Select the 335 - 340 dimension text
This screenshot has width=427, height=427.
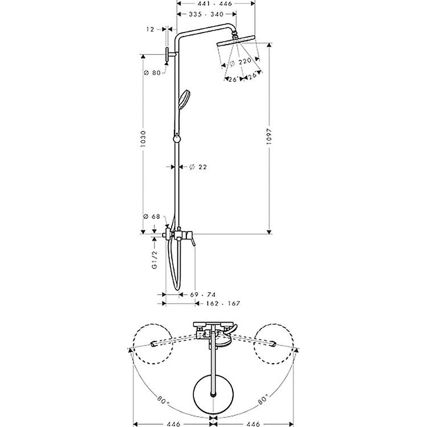(206, 14)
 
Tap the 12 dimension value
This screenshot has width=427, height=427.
(151, 29)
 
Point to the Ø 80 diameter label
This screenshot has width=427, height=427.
(152, 73)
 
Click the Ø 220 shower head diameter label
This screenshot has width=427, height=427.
(241, 62)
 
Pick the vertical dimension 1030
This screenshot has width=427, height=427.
(144, 139)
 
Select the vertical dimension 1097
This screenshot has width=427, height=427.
(270, 139)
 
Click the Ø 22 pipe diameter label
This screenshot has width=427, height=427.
(198, 166)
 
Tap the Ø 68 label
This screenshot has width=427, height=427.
(152, 217)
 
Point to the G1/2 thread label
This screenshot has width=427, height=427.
(154, 260)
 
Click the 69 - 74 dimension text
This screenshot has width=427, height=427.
(202, 295)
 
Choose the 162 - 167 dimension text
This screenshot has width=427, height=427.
(219, 303)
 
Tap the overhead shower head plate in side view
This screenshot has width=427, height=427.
(236, 40)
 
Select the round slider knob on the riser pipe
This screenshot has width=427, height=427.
(177, 139)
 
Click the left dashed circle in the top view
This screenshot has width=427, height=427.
(152, 344)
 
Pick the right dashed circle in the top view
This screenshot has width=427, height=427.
(274, 344)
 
